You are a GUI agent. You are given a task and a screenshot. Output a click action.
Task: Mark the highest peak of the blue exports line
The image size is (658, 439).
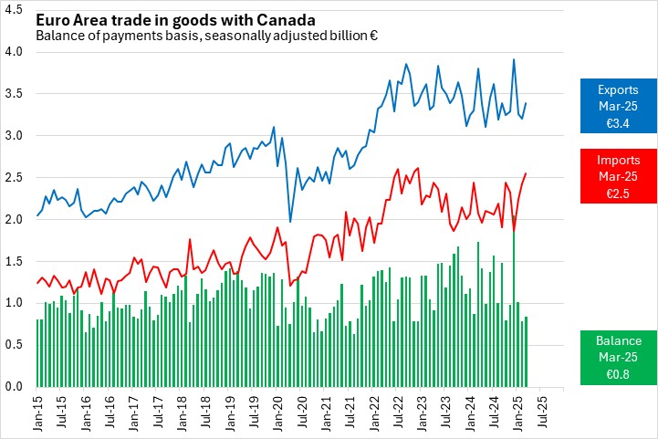(x=514, y=59)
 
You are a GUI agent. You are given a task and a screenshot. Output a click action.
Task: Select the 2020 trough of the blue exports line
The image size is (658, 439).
(x=290, y=222)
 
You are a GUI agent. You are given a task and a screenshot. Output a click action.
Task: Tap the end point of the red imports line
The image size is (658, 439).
(x=527, y=173)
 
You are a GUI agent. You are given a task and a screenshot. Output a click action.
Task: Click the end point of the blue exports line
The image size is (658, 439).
(x=527, y=103)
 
